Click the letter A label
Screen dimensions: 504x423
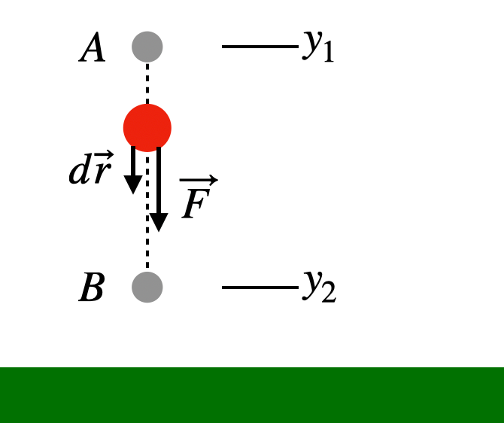(x=93, y=50)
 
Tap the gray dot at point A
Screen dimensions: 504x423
(x=147, y=47)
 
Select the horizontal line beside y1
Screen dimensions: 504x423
(x=260, y=47)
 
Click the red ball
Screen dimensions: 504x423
(x=147, y=127)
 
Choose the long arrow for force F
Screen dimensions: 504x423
(x=159, y=188)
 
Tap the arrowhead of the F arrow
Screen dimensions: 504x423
(x=159, y=221)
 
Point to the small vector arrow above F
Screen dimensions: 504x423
(x=199, y=181)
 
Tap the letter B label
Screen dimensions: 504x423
(x=92, y=289)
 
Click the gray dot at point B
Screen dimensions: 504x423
(x=147, y=287)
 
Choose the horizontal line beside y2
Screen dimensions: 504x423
(x=260, y=287)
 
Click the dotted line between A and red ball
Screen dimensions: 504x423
(x=147, y=83)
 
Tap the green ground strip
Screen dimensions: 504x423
(x=252, y=394)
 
